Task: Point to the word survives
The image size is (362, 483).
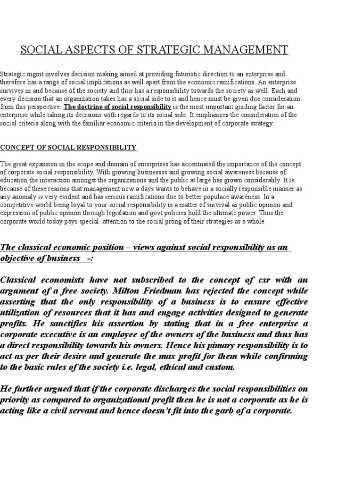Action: pyautogui.click(x=12, y=91)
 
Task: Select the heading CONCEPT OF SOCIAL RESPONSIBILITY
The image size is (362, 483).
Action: pyautogui.click(x=68, y=148)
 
